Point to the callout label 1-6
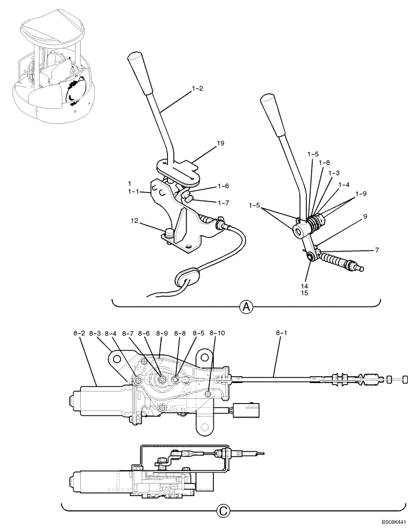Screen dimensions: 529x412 [x=222, y=186]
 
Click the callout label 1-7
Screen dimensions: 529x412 [x=222, y=203]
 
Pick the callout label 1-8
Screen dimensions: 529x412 [x=324, y=162]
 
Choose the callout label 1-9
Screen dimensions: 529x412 [x=361, y=194]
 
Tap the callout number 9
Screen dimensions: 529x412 [x=365, y=216]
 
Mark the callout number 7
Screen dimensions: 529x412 [x=377, y=250]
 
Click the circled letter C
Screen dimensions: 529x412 [x=224, y=511]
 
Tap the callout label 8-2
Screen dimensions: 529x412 [x=79, y=334]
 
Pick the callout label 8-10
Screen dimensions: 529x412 [x=217, y=334]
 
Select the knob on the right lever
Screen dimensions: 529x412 [x=269, y=103]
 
